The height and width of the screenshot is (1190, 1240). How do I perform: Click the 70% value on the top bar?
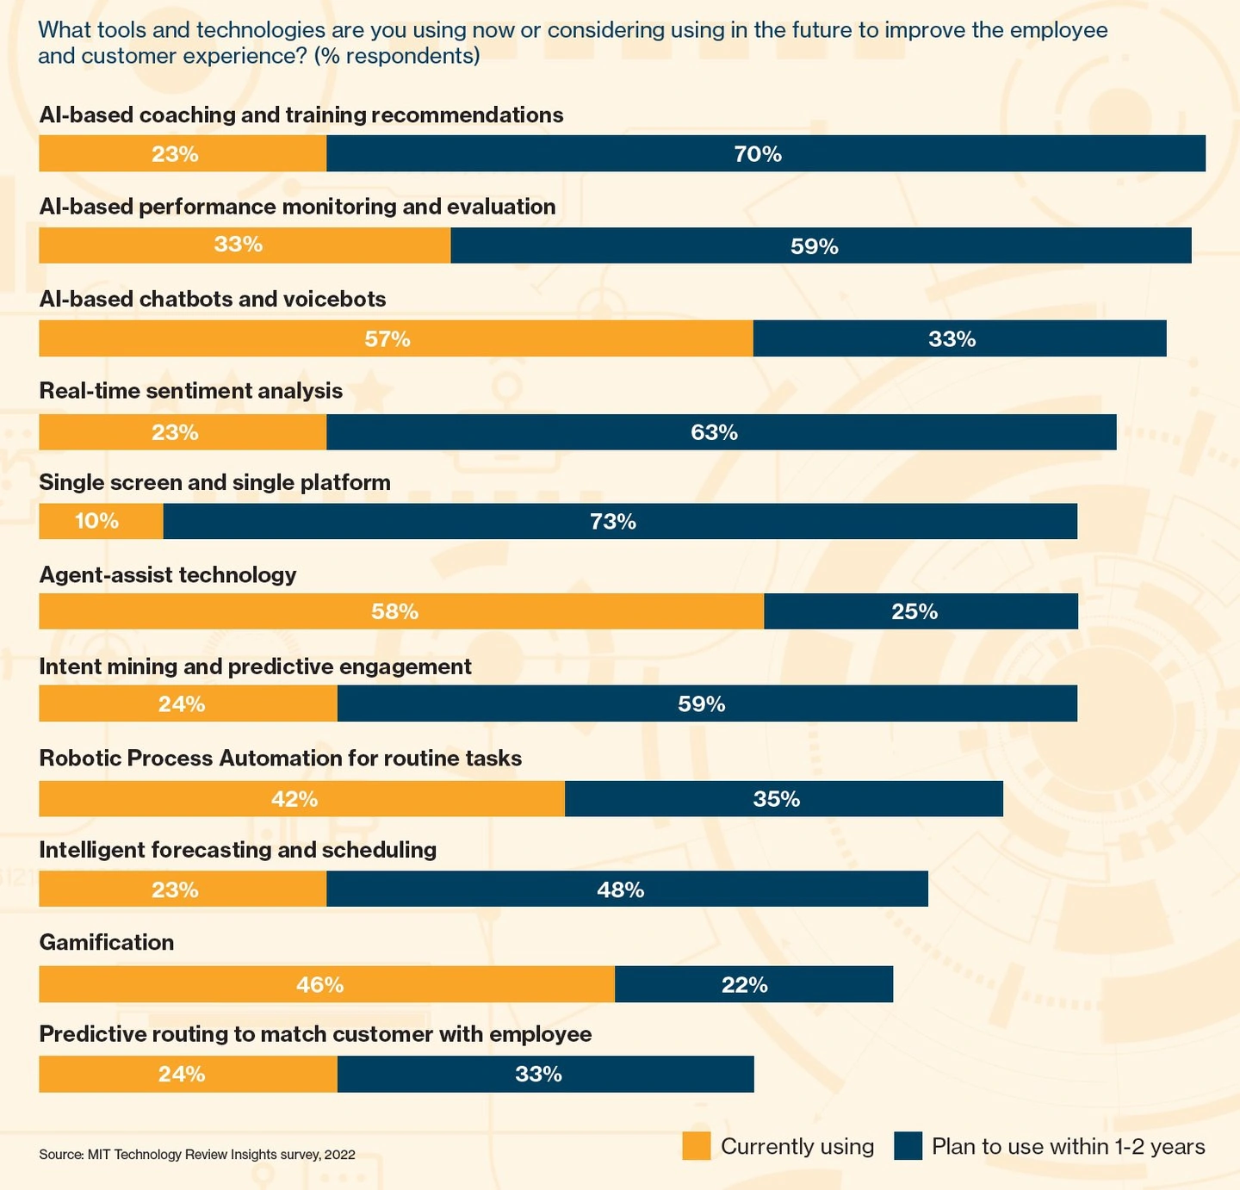coord(758,154)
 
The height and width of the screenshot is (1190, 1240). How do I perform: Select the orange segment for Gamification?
coord(326,984)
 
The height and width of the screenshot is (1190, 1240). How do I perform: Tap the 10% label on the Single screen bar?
coord(96,521)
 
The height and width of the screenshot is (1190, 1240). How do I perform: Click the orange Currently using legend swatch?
coord(696,1146)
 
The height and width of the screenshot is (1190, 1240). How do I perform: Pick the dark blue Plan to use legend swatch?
coord(908,1146)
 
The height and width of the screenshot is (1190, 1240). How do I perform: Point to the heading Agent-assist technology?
coord(168,574)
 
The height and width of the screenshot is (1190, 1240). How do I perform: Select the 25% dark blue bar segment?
coord(920,611)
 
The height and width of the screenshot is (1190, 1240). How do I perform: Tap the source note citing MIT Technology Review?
coord(196,1155)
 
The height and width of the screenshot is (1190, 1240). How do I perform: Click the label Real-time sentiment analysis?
coord(190,391)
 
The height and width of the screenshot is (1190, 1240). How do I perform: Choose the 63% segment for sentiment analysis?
coord(720,432)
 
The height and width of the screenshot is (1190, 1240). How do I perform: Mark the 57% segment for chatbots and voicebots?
coord(395,338)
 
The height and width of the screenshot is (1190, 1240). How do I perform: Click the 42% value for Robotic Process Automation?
coord(294,799)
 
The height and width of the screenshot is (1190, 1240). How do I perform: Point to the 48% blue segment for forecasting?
coord(626,889)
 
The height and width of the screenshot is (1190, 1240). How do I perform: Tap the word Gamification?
coord(106,942)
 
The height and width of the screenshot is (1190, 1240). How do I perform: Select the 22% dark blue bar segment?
coord(753,984)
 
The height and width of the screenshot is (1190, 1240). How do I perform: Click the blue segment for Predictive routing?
coord(545,1074)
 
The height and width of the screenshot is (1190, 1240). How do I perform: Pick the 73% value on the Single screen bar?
coord(613,522)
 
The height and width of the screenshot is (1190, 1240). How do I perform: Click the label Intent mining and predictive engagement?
coord(255,666)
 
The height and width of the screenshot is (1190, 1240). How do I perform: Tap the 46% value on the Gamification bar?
coord(319,984)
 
